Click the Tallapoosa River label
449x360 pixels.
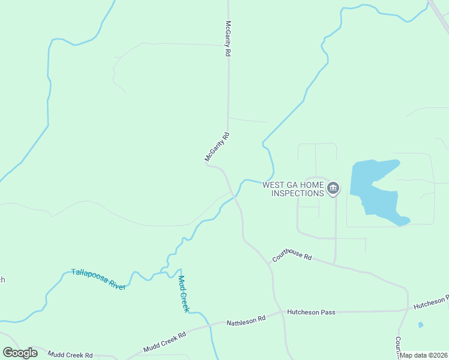point(98,279)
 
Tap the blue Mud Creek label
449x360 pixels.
point(184,294)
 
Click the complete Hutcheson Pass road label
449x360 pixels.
point(311,312)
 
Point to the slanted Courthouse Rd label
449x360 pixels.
point(292,255)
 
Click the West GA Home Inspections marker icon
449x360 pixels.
point(334,189)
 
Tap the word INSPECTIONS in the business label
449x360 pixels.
point(298,193)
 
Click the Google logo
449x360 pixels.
point(20,352)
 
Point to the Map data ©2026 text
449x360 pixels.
point(424,355)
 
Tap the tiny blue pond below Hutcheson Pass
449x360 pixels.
point(420,325)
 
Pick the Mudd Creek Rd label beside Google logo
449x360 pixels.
point(71,355)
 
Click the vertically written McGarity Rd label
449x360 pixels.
point(228,39)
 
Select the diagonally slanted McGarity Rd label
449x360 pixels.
point(218,148)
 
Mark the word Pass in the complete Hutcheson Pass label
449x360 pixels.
point(327,312)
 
